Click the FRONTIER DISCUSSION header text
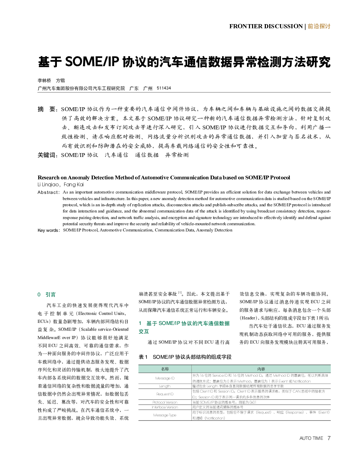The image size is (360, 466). point(266,26)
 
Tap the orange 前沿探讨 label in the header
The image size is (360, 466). point(319,26)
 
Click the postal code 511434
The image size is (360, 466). point(164,88)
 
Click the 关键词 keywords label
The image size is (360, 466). point(47,155)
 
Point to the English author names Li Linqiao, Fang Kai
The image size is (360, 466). point(61,185)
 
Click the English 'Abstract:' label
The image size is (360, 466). point(48,192)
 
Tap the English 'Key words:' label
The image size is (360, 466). point(49,230)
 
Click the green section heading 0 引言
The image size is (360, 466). point(47,295)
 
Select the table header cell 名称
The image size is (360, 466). point(165,369)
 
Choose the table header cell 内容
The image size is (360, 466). point(261,369)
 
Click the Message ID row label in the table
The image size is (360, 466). point(165,378)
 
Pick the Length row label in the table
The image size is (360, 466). point(165,386)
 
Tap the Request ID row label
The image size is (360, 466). point(165,394)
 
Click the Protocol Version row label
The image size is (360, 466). point(165,402)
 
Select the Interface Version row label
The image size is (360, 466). point(165,407)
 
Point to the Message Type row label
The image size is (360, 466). point(165,415)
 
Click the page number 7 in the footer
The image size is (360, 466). point(329,438)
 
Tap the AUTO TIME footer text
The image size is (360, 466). point(311,438)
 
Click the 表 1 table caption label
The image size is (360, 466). point(143,357)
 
